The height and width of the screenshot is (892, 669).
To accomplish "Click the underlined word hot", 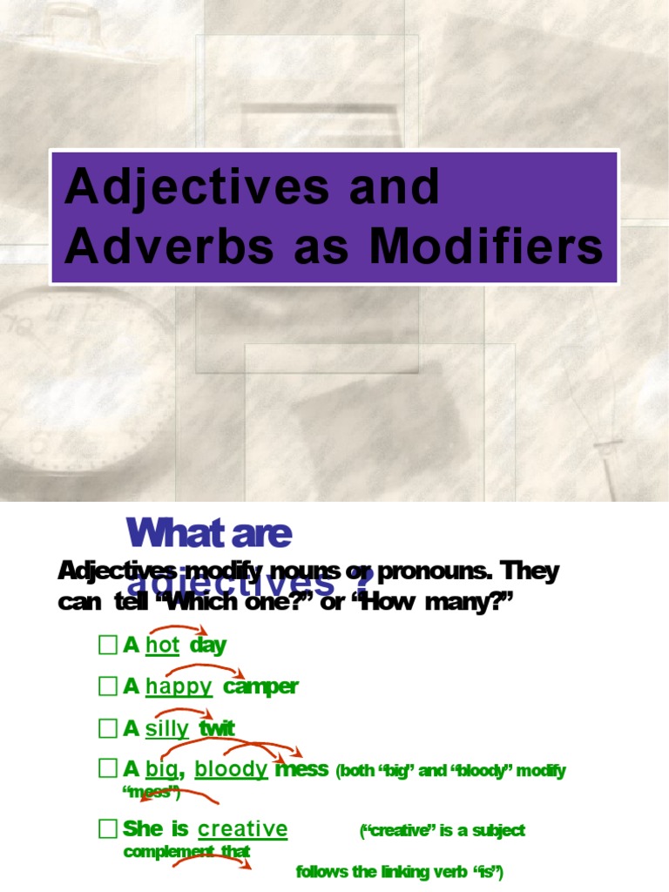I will [163, 645].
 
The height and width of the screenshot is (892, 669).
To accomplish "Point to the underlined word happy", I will [179, 686].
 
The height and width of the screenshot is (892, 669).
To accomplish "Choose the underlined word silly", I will [166, 728].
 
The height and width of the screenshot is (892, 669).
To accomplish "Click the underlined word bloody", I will [231, 769].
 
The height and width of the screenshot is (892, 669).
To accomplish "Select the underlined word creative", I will [242, 828].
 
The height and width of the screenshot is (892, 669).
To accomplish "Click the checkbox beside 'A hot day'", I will [107, 645].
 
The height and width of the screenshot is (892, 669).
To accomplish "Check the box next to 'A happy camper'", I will [107, 686].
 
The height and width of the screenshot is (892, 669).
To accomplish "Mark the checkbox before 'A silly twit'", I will [107, 728].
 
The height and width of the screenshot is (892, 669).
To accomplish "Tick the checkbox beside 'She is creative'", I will [107, 828].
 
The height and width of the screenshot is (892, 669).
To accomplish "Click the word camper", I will [260, 686].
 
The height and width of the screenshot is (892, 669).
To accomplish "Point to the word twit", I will [217, 728].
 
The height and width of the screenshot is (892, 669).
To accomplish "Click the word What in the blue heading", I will [167, 533].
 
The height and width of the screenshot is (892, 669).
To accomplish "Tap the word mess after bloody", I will [301, 769].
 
